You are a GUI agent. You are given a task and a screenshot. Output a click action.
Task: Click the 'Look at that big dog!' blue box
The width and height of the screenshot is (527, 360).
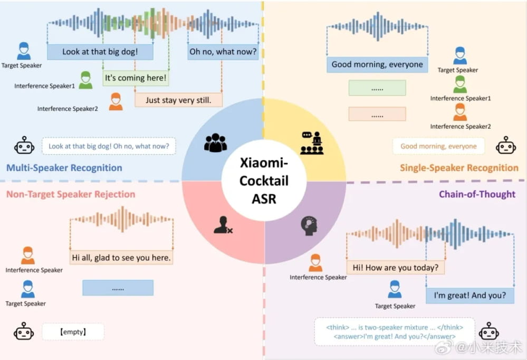coord(100,52)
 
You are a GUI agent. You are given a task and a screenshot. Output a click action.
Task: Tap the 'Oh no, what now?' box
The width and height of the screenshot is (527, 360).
coord(223,52)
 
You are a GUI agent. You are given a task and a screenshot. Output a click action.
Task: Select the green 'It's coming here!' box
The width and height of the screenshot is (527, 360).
coord(136,78)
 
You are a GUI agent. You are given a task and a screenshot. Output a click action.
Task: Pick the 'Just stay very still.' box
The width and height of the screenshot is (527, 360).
coord(178,100)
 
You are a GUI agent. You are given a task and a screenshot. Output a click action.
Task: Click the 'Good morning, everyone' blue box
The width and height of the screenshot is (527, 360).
coord(377,64)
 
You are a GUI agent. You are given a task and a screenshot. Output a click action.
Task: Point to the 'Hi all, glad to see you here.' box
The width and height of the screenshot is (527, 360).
coord(121,258)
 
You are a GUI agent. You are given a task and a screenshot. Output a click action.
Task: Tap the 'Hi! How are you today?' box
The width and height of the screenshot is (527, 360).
coord(396,268)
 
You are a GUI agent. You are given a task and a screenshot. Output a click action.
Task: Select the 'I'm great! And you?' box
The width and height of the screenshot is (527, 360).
coord(470,296)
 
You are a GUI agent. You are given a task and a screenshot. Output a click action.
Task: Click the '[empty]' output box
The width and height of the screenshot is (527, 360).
coord(73,331)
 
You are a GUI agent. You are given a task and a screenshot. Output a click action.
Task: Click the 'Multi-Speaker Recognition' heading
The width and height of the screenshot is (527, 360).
coord(64,167)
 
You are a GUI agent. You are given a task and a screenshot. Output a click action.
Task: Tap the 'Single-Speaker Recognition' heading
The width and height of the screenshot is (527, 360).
coord(459,167)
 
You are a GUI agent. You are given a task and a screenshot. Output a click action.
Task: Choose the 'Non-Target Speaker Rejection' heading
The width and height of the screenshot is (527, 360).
coord(71,194)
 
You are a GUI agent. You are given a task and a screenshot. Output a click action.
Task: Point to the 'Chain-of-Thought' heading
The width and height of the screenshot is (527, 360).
coord(477,194)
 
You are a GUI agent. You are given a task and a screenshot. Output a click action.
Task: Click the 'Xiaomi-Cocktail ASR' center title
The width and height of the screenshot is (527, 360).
coord(264,181)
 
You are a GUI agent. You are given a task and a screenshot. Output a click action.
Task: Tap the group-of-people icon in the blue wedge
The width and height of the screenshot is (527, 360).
coord(215,143)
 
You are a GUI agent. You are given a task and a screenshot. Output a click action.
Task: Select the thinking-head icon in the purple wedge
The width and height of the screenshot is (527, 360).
coord(309,226)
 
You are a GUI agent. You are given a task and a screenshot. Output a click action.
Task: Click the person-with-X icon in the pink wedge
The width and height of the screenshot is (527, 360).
coord(223,225)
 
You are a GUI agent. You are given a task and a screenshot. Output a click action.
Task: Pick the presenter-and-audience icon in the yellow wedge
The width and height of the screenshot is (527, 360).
coord(312,143)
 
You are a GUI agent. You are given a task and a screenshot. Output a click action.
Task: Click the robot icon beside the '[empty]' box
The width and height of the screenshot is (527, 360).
coord(24,331)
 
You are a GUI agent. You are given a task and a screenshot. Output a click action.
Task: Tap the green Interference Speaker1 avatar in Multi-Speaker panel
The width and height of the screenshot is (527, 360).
coord(85,80)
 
